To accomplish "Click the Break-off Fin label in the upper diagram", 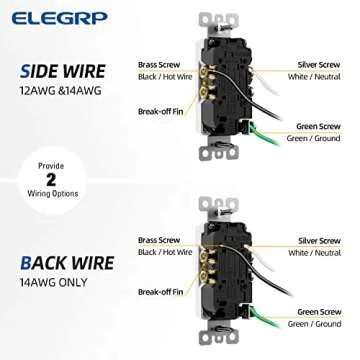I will (x=161, y=110).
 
